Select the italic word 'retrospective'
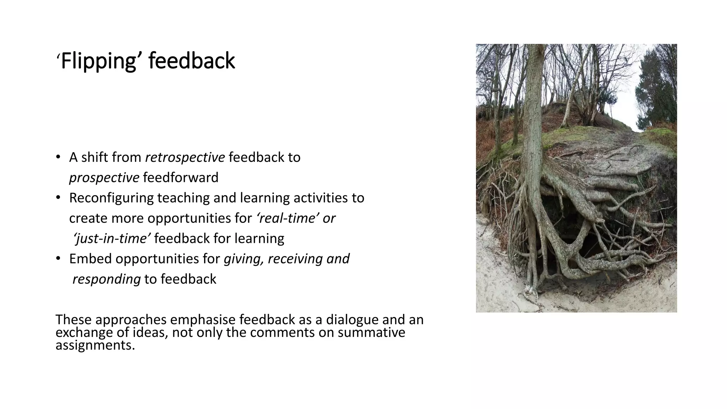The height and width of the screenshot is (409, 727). click(x=185, y=157)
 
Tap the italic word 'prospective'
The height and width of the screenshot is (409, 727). click(x=104, y=178)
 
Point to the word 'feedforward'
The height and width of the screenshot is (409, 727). click(x=181, y=178)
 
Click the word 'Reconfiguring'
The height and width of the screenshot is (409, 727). click(x=111, y=198)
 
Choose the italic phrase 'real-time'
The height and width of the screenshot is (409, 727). click(x=287, y=218)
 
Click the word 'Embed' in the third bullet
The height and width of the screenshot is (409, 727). click(x=90, y=259)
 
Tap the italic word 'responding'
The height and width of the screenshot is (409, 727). click(x=106, y=279)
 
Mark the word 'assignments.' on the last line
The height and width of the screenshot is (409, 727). click(x=95, y=345)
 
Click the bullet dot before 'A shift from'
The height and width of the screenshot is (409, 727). click(x=58, y=157)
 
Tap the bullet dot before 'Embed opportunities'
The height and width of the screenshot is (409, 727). click(x=58, y=259)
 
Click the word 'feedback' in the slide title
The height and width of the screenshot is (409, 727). click(x=192, y=61)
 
